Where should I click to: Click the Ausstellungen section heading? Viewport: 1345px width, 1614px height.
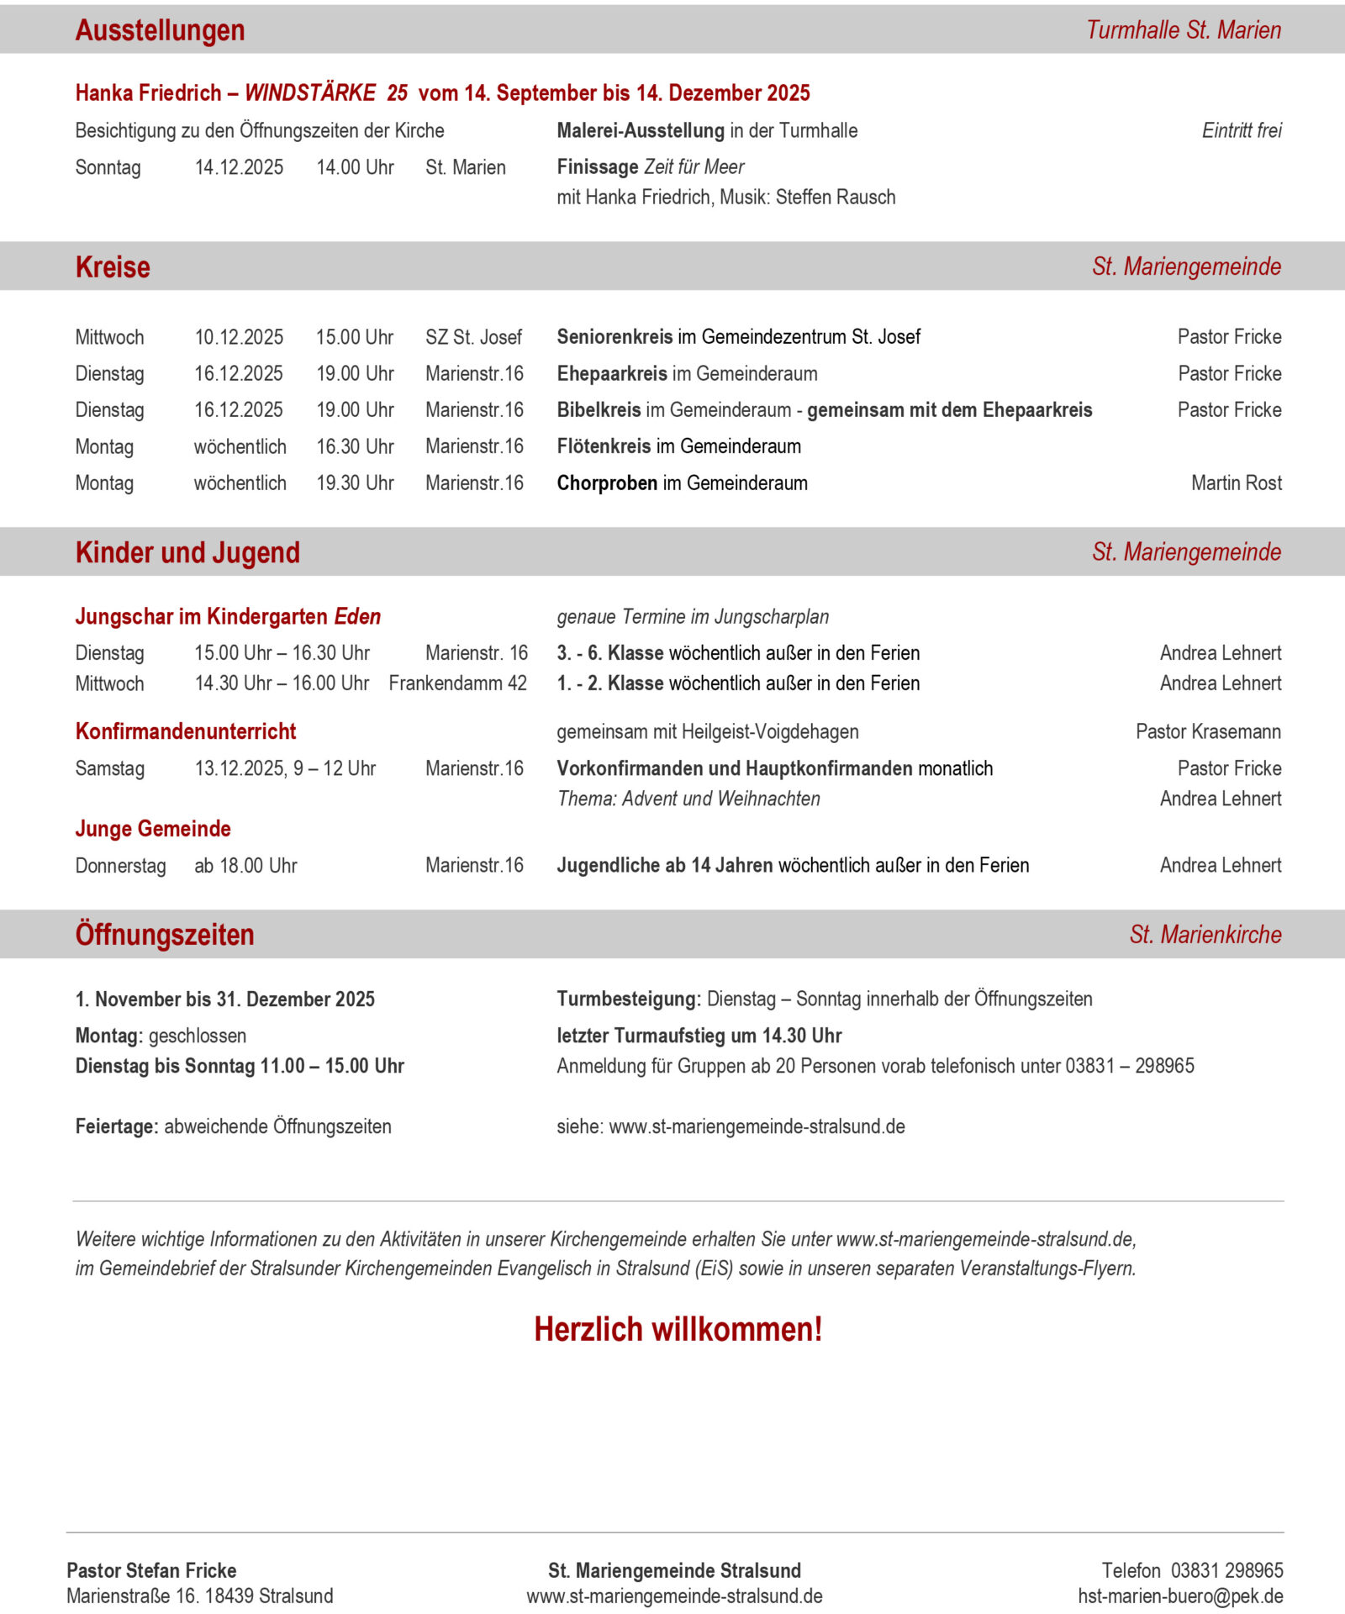(160, 30)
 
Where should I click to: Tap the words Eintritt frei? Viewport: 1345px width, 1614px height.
(1241, 130)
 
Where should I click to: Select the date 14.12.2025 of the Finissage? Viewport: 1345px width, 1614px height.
(239, 167)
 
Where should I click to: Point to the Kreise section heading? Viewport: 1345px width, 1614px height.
(113, 266)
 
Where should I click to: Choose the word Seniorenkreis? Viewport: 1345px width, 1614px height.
(614, 337)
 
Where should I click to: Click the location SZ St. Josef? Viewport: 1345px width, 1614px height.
(473, 337)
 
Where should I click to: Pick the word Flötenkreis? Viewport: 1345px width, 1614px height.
(603, 446)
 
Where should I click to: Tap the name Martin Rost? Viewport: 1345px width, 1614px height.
(1236, 483)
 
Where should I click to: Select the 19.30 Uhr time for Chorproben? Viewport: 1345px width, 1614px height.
(355, 483)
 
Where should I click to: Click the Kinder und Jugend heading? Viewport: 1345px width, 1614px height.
(187, 552)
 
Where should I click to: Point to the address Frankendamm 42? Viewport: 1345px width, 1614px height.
(457, 683)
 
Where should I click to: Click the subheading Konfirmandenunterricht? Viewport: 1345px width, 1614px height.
(186, 731)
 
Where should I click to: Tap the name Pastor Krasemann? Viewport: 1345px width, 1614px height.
(1208, 731)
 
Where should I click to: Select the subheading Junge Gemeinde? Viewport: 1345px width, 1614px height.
(153, 829)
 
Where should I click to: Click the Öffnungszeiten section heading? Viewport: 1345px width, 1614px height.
(165, 935)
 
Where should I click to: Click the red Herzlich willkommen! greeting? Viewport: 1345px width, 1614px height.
(678, 1329)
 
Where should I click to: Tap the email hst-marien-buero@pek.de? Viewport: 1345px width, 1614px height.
(1180, 1596)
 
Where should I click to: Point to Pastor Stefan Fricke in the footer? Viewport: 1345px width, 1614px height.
(151, 1570)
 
